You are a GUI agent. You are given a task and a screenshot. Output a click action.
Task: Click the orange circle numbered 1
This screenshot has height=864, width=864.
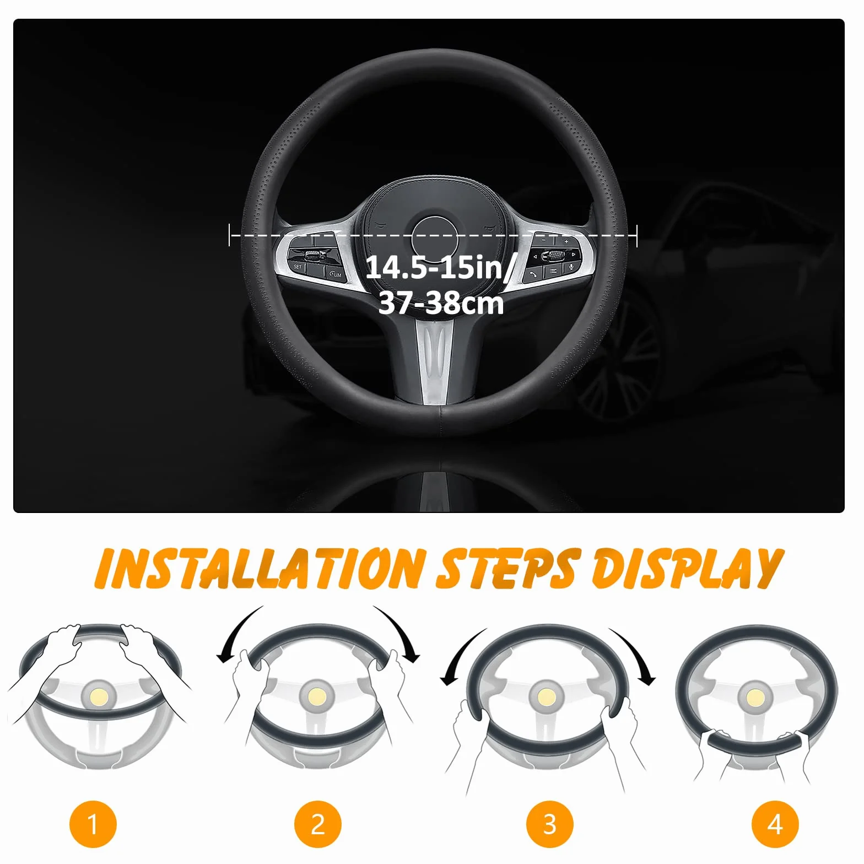point(93,824)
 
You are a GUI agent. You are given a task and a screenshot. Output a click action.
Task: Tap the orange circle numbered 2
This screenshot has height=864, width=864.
point(318,824)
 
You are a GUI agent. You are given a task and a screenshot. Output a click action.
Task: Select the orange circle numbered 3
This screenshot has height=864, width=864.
point(549,824)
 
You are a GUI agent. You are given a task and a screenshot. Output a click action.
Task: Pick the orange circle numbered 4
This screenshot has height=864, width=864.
point(775,824)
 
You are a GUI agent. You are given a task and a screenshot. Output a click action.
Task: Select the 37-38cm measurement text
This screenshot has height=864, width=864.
point(441,303)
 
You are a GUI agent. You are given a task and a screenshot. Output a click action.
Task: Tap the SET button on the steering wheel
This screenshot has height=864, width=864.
point(298,267)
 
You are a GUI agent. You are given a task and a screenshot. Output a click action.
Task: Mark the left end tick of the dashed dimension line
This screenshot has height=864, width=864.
point(229,235)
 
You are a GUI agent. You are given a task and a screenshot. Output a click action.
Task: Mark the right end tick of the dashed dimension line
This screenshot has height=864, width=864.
point(637,235)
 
